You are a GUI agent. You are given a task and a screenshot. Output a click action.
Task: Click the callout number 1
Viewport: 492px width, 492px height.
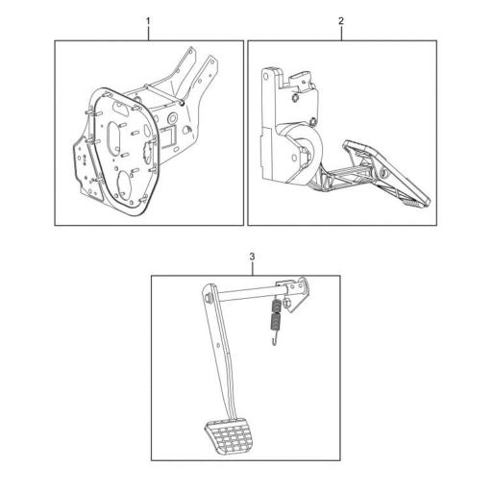click(x=148, y=21)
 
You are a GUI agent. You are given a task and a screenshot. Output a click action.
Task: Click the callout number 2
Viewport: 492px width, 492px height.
click(x=341, y=21)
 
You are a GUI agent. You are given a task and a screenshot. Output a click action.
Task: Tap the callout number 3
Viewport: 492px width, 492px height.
click(x=253, y=257)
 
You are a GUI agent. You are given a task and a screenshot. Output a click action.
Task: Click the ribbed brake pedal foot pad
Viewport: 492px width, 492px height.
click(x=230, y=436)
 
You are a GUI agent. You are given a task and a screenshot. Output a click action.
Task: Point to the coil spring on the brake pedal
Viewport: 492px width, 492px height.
click(x=276, y=315)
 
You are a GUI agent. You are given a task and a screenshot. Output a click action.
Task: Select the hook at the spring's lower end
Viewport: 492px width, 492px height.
click(x=274, y=339)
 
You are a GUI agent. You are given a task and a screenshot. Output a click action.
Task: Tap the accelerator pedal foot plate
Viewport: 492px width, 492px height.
click(x=387, y=173)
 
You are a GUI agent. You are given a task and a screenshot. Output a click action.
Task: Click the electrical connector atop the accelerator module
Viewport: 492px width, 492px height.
click(x=301, y=80)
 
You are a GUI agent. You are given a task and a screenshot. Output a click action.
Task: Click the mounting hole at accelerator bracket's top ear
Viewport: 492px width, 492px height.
click(x=266, y=76)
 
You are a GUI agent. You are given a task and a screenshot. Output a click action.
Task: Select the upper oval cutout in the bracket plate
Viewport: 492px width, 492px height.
click(x=113, y=136)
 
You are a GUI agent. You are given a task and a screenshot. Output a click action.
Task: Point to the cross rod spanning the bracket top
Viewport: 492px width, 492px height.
click(x=164, y=94)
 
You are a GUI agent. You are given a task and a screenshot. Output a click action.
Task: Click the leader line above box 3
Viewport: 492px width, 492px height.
click(x=253, y=268)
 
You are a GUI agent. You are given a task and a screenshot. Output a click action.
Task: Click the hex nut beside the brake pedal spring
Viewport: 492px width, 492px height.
click(x=286, y=303)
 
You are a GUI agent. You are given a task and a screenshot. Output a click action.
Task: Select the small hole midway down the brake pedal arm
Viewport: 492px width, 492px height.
click(x=218, y=345)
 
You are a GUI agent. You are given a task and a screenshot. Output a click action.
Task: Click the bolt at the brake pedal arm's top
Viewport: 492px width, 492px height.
click(x=209, y=297)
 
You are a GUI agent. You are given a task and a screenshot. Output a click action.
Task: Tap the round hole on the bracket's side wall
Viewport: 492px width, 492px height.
click(x=172, y=118)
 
